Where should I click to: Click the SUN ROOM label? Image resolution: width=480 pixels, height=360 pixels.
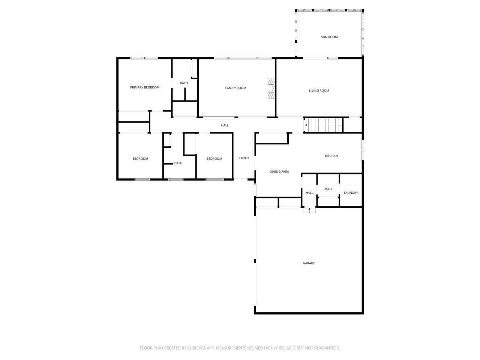click(x=329, y=37)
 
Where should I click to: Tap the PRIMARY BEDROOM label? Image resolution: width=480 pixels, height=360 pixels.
click(x=145, y=87)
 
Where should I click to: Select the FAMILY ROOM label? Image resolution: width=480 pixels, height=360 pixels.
click(x=235, y=88)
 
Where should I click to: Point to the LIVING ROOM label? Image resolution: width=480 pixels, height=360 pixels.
click(x=319, y=91)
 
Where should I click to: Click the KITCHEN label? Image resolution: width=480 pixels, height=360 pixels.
click(x=331, y=156)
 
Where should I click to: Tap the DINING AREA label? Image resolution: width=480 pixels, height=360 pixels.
click(x=279, y=172)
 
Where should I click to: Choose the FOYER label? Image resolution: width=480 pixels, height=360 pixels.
click(x=244, y=158)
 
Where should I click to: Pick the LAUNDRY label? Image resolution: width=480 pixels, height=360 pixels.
click(x=351, y=193)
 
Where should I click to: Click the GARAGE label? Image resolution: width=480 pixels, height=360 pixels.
click(x=309, y=263)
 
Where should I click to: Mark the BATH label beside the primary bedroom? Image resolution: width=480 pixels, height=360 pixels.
click(x=184, y=83)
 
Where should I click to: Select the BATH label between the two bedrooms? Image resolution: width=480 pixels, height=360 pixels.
click(x=178, y=163)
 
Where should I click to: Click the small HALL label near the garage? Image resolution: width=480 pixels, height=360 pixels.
click(x=309, y=193)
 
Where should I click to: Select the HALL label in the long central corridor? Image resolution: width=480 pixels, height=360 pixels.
click(x=225, y=125)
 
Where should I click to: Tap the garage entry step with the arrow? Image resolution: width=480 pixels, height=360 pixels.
click(x=309, y=210)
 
